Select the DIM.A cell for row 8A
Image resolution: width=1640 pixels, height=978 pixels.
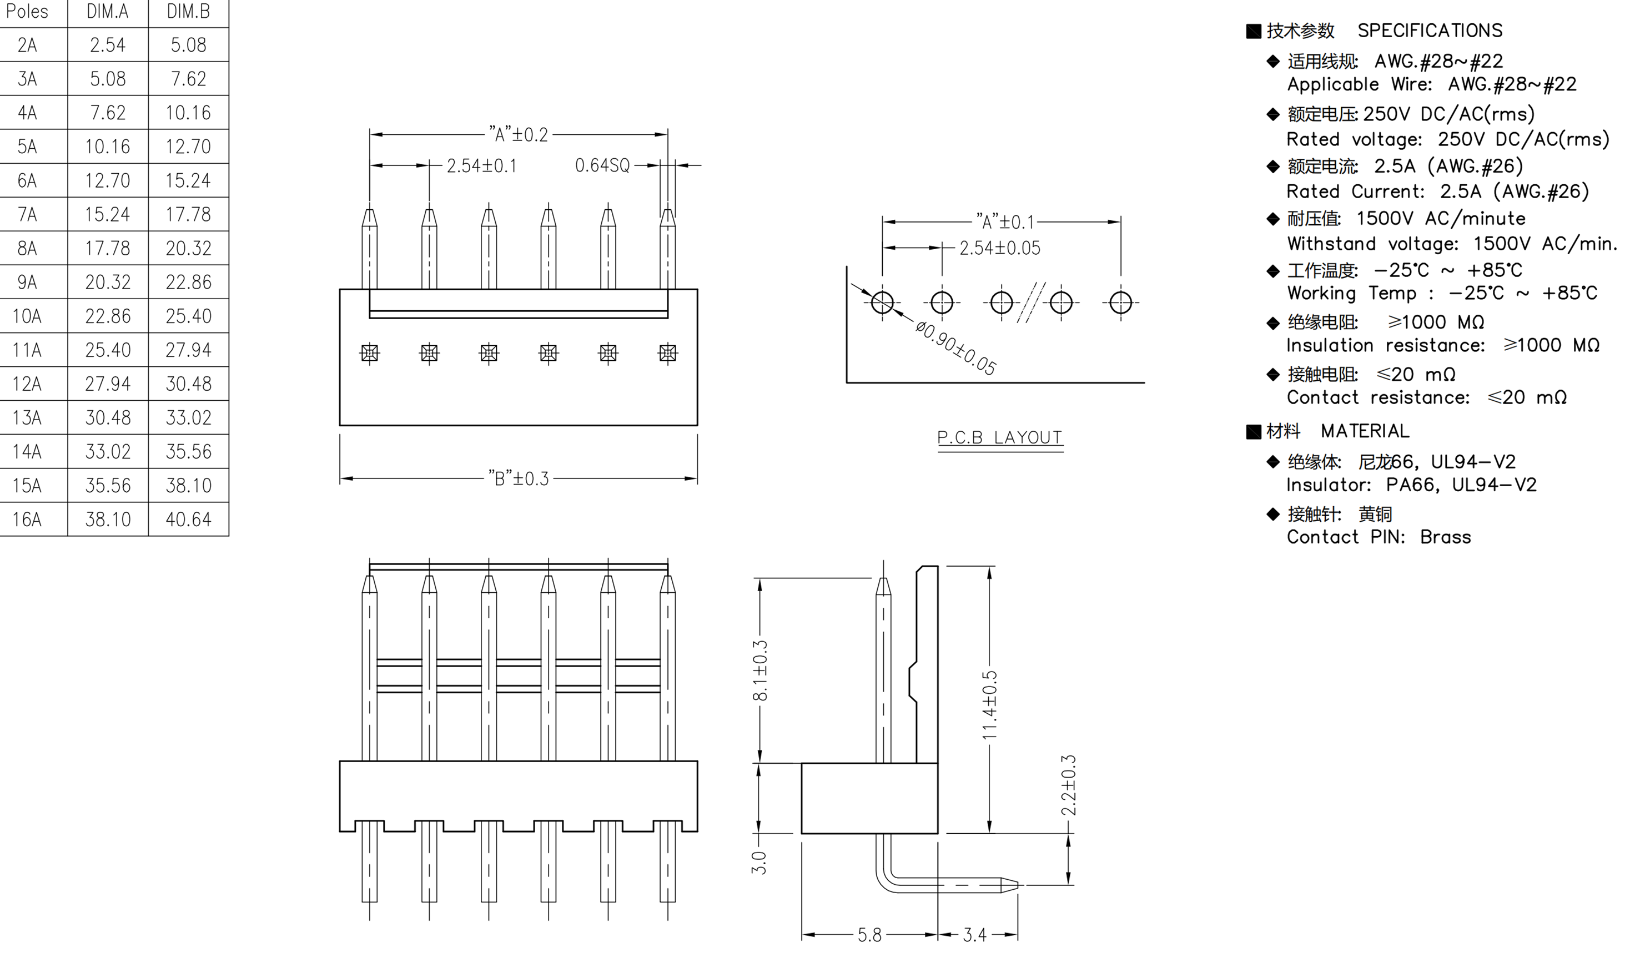(108, 249)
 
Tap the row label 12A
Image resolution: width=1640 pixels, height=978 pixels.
(27, 384)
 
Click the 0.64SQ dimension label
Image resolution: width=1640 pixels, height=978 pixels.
(602, 165)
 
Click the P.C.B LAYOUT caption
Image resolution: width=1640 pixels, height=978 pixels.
(999, 437)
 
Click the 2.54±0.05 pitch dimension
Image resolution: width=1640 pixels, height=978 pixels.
(999, 249)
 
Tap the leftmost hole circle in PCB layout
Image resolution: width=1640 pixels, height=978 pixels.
(882, 303)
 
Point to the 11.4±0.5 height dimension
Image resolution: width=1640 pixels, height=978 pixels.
(989, 704)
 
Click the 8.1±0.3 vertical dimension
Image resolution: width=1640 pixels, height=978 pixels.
(760, 671)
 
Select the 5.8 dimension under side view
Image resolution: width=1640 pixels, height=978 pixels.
(869, 935)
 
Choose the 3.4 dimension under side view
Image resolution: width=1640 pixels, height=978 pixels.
(974, 935)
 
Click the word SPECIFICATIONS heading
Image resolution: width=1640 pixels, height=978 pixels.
(1429, 31)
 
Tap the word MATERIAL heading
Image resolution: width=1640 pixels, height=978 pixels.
(1365, 431)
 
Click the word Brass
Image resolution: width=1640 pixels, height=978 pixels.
(1445, 537)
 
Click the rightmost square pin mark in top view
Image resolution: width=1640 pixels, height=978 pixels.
(667, 353)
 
